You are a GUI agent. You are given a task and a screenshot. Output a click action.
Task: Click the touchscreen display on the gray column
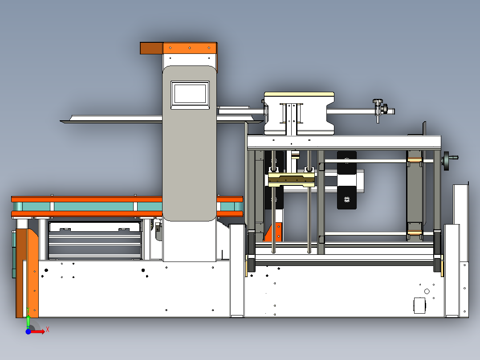190,94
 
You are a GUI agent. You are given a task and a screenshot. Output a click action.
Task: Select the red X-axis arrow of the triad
38,331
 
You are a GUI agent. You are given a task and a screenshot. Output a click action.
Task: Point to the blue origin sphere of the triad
28,331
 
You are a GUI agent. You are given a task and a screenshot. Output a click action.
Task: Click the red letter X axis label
48,329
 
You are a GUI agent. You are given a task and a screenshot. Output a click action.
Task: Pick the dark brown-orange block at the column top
151,48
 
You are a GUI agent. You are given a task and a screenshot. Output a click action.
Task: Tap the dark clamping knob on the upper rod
378,107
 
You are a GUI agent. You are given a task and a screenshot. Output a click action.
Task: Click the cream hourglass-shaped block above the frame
299,113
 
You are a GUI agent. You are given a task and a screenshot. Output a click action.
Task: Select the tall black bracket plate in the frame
347,180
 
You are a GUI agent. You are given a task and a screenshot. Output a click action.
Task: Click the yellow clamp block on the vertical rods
292,179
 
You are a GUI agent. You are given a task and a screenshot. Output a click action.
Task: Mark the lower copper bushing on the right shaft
415,233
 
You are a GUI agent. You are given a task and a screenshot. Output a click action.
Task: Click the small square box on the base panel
419,306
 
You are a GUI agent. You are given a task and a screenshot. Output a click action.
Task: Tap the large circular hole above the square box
427,291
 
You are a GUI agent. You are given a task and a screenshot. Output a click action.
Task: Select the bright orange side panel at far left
32,272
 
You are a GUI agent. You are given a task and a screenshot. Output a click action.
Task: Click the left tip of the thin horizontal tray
63,121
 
